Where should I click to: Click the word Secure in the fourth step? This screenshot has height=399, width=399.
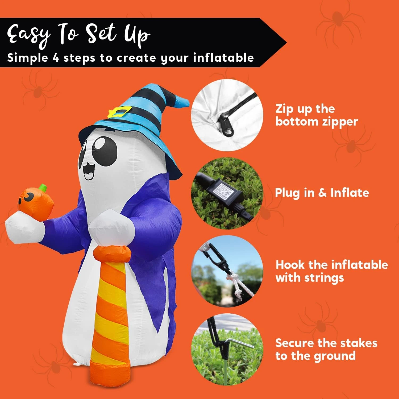point(295,343)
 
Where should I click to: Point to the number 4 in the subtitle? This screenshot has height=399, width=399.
point(56,58)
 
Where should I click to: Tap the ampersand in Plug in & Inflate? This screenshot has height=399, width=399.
point(322,193)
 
